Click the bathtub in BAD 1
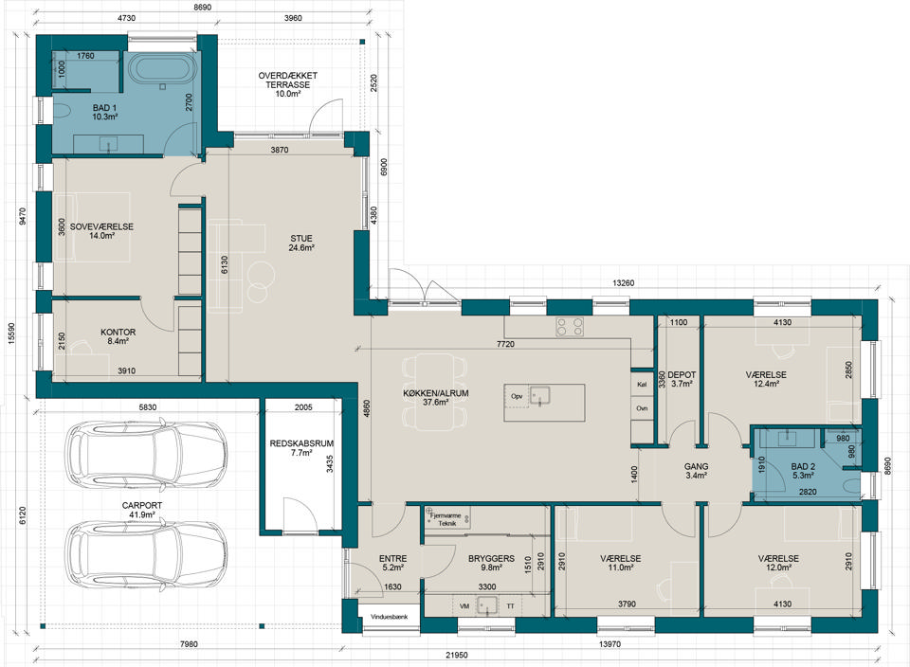[x=162, y=69]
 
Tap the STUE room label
[x=301, y=239]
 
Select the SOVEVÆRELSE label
[x=101, y=226]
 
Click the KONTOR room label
[x=118, y=333]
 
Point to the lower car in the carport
[x=146, y=555]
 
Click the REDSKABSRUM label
[x=301, y=443]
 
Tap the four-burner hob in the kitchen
[x=570, y=327]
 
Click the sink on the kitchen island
[x=539, y=396]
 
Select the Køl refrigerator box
[x=642, y=384]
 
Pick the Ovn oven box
[x=642, y=409]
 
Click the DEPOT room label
[x=682, y=374]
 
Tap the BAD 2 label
[x=803, y=466]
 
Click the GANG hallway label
[x=696, y=466]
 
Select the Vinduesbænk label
[x=389, y=617]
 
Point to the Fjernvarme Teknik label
[x=446, y=519]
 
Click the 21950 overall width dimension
[x=457, y=656]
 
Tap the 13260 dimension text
[x=624, y=283]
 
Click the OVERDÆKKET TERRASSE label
[x=288, y=80]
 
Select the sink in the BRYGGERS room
[x=487, y=604]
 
